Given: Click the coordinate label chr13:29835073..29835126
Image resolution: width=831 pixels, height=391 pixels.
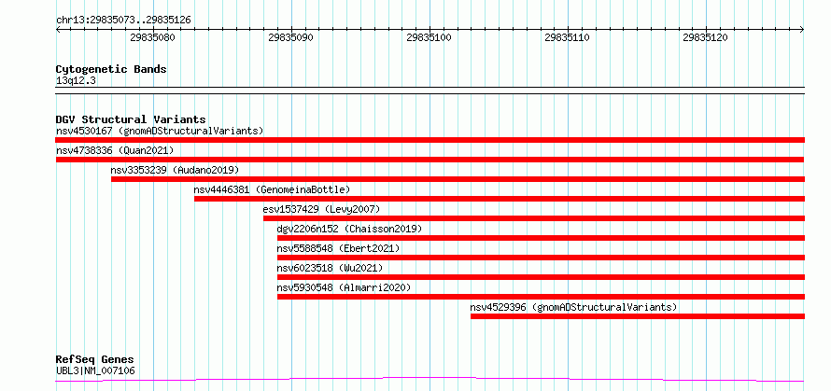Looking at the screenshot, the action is pos(123,21).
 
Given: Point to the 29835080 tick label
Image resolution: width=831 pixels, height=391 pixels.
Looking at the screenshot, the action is pos(152,38).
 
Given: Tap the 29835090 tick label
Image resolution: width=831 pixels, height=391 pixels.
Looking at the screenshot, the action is pos(290,38).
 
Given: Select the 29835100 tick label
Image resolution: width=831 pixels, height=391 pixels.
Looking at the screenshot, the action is pos(429,38).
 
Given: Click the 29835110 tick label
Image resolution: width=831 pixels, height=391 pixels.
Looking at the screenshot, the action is pos(567,38).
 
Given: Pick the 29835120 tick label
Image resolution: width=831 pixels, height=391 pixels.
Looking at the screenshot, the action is pos(705,38).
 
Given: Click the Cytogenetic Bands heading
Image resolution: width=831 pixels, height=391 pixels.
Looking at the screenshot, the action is pos(111,69).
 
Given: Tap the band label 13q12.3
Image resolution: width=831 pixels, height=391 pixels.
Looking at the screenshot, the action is pos(76,81).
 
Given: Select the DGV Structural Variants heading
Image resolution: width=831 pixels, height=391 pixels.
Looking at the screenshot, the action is pos(131,119).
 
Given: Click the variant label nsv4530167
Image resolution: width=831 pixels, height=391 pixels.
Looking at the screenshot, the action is pos(84,131).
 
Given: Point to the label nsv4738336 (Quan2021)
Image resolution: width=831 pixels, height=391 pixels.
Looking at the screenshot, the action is pos(115,150).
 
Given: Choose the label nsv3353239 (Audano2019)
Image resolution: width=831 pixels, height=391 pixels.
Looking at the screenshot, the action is pos(175,170).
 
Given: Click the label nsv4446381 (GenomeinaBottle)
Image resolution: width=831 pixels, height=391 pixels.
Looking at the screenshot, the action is pos(272,189).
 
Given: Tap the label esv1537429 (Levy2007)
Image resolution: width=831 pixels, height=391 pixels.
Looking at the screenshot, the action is pos(322,209).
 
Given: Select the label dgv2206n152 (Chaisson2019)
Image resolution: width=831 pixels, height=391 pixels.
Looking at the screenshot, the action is pos(349,229).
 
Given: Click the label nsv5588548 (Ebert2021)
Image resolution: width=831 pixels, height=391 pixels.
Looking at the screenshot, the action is pos(338,248).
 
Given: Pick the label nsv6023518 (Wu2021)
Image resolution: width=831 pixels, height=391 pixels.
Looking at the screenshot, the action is pos(330,268).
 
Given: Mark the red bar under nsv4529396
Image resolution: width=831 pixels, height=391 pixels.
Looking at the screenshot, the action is pos(638,316).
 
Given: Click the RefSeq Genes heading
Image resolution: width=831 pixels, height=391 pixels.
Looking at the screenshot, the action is pos(94,360).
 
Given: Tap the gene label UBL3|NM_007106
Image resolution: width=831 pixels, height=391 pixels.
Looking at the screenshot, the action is pos(95,370).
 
